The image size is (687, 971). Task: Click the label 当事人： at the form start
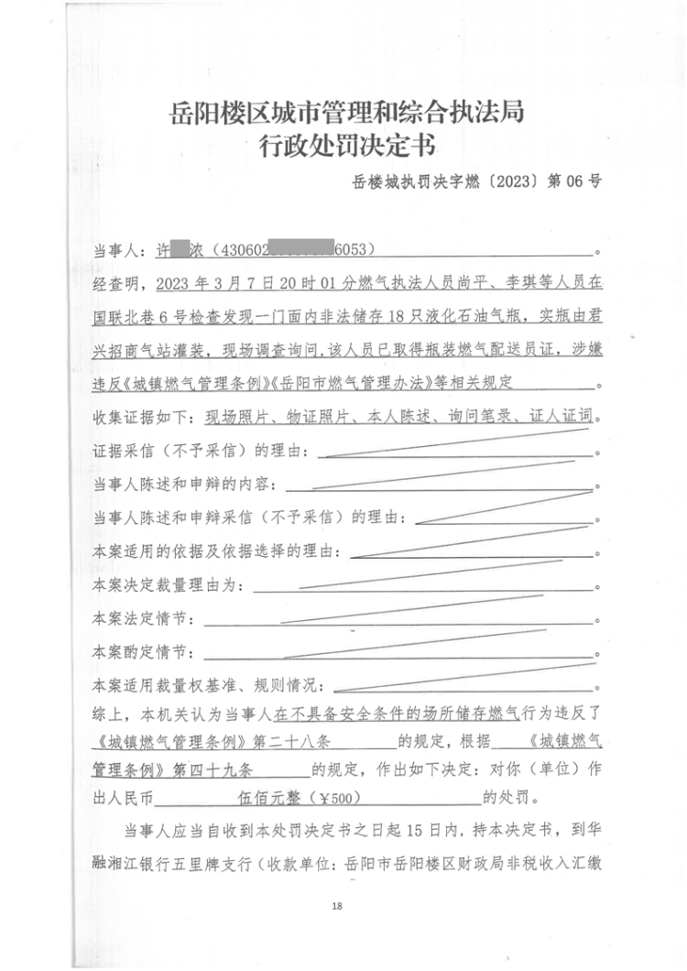click(119, 249)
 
